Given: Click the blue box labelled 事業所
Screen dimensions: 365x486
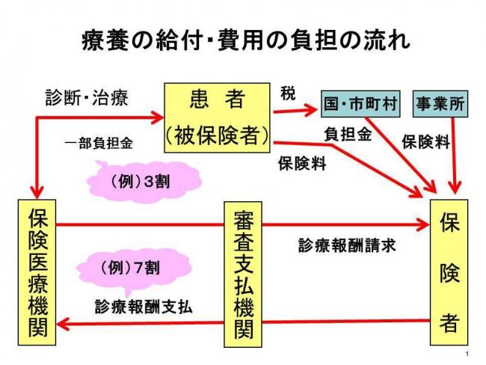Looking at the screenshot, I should (x=440, y=105).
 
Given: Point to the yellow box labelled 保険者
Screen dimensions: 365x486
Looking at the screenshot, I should (x=449, y=272).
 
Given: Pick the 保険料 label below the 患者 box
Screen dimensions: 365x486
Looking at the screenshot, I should (x=301, y=164).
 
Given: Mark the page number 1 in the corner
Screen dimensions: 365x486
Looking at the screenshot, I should (x=466, y=353).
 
